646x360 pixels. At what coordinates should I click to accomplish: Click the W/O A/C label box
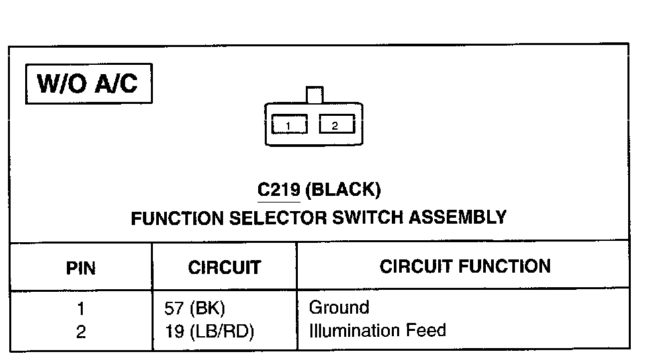point(89,83)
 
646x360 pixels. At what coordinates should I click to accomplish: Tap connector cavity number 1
point(289,125)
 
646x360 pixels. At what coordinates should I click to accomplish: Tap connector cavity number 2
point(336,124)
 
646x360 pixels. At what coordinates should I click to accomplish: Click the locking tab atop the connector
point(314,95)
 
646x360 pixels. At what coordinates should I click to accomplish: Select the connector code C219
point(279,191)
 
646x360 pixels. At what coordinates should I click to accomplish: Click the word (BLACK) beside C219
point(345,191)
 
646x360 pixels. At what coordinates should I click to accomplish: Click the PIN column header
point(81,268)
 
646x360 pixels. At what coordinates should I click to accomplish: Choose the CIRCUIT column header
point(224,267)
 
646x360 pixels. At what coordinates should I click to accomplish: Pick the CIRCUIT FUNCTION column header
point(465,266)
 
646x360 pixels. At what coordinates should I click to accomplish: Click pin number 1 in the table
point(81,308)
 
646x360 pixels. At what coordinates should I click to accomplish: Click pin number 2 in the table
point(81,332)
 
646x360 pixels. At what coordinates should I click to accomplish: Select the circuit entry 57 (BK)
point(195,308)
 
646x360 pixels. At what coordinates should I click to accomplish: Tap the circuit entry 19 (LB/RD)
point(209,332)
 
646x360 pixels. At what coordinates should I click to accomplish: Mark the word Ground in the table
point(339,308)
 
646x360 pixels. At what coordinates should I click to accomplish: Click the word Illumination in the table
point(351,330)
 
